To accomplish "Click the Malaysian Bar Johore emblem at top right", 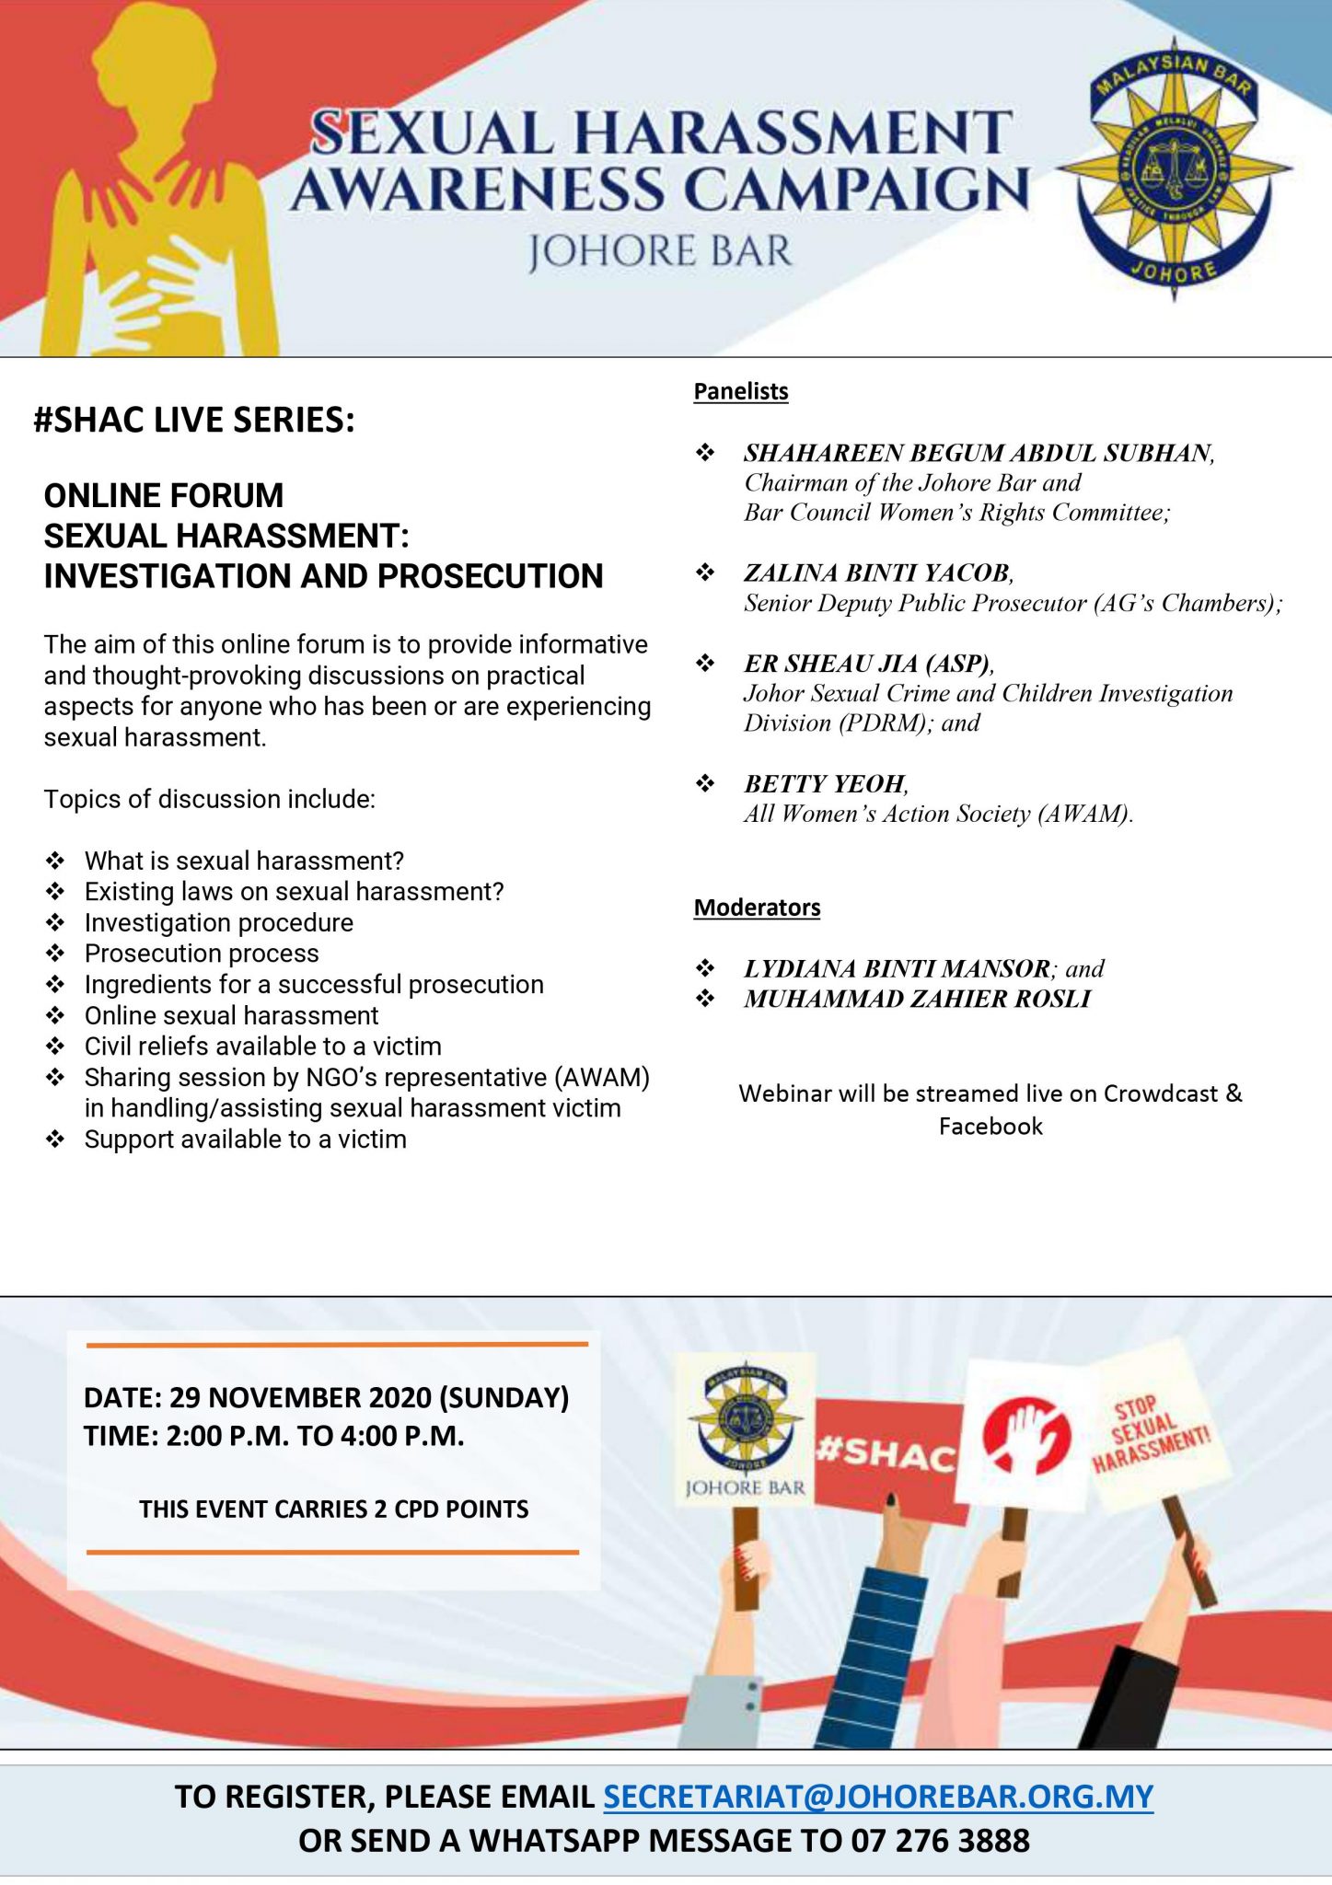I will point(1174,170).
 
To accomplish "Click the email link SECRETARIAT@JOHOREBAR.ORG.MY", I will point(877,1797).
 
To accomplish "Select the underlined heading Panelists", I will point(741,391).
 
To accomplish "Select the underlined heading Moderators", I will point(757,908).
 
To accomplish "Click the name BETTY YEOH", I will point(825,784).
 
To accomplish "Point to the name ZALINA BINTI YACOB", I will point(877,573).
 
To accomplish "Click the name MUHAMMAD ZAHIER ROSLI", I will point(917,999).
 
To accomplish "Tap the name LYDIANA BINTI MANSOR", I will point(897,968).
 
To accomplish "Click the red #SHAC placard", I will point(886,1454).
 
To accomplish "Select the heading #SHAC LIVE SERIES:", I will point(194,421).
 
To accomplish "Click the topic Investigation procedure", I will point(219,922).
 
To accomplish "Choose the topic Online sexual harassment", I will point(231,1015).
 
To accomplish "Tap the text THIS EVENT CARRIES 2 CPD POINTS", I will point(334,1509).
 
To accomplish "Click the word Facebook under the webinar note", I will point(990,1127).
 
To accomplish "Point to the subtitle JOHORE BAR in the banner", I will point(659,252).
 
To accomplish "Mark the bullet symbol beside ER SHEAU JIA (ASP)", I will point(705,663).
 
